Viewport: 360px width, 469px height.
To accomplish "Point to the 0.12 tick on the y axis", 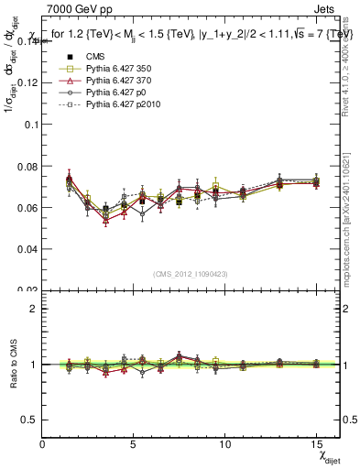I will (x=26, y=82).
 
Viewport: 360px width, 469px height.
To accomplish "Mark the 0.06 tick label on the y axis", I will (x=26, y=207).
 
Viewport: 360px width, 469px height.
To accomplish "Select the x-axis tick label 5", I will (x=134, y=443).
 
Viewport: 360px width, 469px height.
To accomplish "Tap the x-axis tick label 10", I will (x=224, y=443).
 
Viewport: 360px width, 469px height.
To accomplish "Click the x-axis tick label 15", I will (x=316, y=443).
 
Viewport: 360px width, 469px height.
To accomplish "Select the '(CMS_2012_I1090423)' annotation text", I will (x=191, y=274).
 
